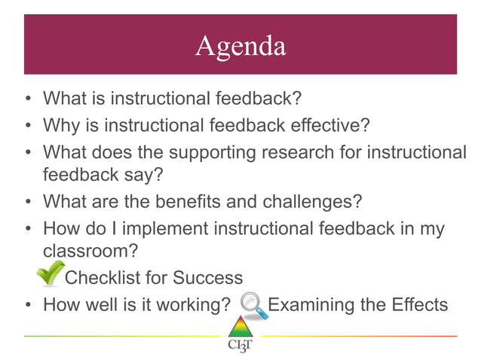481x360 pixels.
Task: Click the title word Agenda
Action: (x=240, y=46)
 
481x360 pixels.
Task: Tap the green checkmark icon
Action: (x=51, y=273)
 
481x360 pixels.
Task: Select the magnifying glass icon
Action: (x=253, y=305)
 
